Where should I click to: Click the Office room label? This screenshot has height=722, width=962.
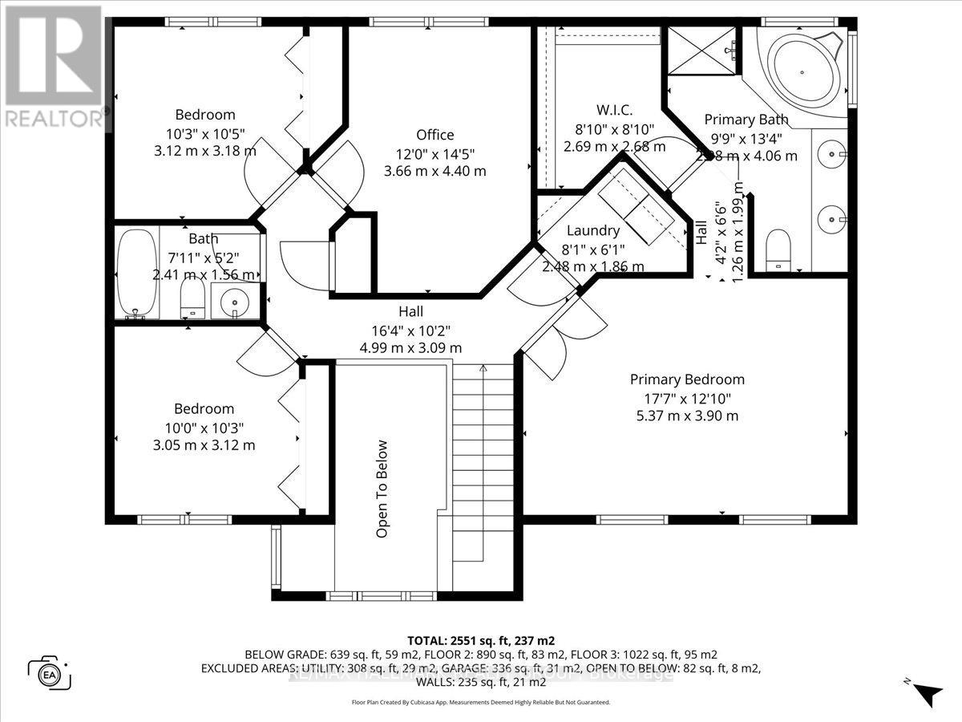tap(435, 135)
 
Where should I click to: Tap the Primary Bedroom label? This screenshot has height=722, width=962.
tap(686, 379)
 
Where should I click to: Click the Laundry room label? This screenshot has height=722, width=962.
tap(592, 231)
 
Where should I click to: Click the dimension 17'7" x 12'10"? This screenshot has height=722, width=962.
tap(686, 398)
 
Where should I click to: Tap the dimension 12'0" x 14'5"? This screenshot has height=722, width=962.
tap(435, 153)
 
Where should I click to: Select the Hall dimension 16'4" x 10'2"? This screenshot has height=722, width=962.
tap(410, 330)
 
